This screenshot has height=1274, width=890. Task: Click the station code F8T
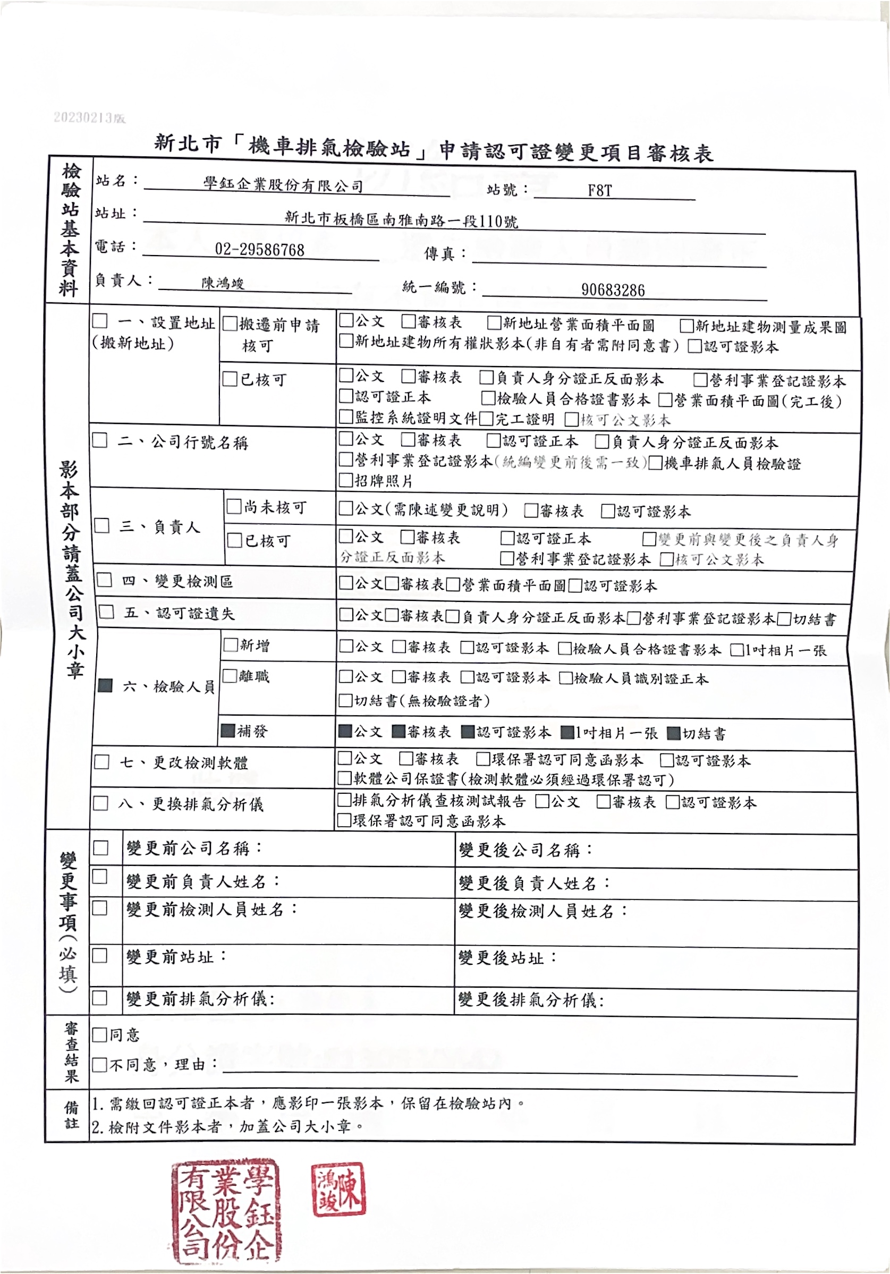click(x=599, y=190)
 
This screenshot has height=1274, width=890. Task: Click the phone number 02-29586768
click(x=259, y=250)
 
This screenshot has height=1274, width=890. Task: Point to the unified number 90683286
click(x=613, y=290)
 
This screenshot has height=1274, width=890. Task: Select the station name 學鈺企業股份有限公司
click(x=283, y=184)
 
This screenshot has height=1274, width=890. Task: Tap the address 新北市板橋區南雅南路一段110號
click(x=401, y=220)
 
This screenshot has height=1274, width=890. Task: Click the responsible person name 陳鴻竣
click(x=223, y=283)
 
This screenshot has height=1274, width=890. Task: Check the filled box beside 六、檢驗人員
click(x=105, y=685)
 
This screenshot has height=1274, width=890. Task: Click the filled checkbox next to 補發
click(x=227, y=730)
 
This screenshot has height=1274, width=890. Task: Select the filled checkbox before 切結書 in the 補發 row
click(x=674, y=733)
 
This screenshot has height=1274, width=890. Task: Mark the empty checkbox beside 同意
click(x=100, y=1034)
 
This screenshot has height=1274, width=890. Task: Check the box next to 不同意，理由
click(x=100, y=1064)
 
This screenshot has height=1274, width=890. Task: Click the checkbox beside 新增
click(x=230, y=645)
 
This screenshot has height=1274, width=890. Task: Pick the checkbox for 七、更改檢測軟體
click(x=101, y=762)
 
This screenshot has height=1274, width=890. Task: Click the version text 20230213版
click(x=89, y=117)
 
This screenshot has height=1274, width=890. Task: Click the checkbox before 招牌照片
click(x=346, y=480)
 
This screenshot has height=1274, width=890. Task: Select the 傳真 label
click(x=439, y=253)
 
